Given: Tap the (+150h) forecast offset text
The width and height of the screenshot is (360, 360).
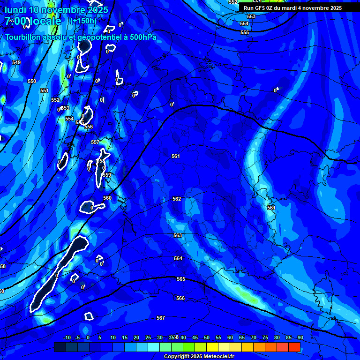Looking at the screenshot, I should pos(83,21).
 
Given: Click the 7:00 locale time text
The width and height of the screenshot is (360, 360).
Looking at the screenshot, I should pos(33,22).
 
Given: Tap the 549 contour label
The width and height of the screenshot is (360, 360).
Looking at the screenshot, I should pos(16,62).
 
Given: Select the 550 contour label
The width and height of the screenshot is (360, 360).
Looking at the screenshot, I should pos(32,81).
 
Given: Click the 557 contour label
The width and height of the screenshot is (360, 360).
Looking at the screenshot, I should pos(95,142).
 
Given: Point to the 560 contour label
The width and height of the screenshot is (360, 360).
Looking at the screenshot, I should pos(107,198).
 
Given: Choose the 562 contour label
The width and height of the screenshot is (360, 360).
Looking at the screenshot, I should pos(177,199).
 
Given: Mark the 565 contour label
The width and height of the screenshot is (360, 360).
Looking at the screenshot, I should pos(181,279).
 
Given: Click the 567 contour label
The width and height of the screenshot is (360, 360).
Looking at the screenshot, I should pos(161,318).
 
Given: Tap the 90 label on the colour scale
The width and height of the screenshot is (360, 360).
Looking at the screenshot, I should pos(300,337).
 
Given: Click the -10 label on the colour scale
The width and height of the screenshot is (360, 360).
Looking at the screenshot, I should pos(67,337).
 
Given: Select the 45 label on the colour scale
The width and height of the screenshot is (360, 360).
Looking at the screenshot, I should pos(195,337).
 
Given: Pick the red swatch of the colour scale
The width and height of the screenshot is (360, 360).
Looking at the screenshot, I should pos(294,347).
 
